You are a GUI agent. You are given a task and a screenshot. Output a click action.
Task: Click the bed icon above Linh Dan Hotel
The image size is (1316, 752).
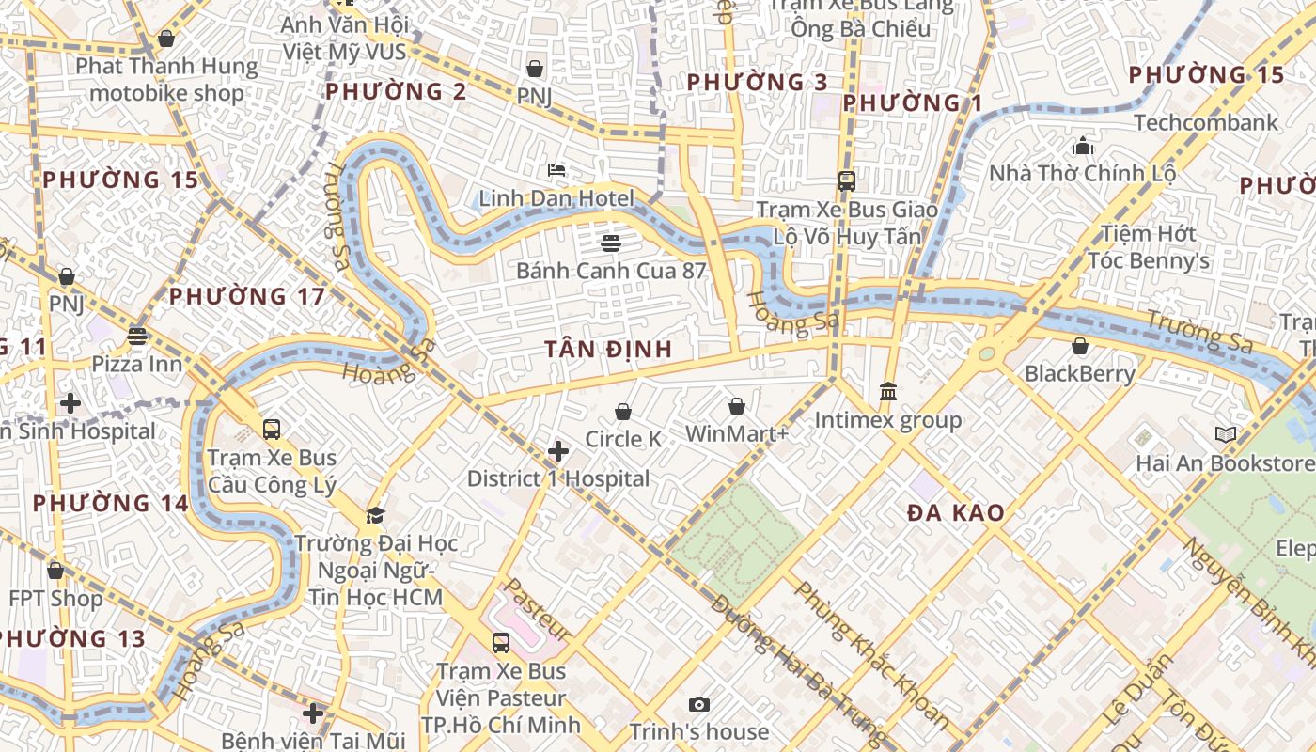pos(556,170)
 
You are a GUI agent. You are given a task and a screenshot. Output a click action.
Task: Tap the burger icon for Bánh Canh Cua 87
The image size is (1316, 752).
pos(611,243)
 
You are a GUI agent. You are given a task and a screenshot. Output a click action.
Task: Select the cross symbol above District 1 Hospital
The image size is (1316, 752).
pos(558,452)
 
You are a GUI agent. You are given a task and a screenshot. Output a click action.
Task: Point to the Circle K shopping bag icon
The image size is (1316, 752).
pos(622,412)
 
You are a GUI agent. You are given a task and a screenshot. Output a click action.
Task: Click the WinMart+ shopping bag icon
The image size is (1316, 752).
pos(737,406)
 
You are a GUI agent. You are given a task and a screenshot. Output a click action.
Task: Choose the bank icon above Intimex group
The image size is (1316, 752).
pos(888,391)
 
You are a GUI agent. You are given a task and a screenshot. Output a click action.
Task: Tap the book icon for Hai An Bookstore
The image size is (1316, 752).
pos(1225,434)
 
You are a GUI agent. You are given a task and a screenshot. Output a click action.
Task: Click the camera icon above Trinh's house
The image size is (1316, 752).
pos(698,704)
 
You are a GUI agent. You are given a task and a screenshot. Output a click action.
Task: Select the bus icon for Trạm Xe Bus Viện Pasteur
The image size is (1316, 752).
pos(501,643)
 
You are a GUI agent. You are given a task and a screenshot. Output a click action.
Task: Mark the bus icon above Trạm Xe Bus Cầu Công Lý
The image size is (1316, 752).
pos(272,430)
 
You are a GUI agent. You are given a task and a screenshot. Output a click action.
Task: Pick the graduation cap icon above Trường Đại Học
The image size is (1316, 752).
pos(375,515)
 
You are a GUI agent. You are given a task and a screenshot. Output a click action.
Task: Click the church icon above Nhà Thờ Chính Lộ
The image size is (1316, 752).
pos(1083,147)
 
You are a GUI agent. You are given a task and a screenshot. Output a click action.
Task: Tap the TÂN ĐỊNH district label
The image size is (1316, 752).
pos(609,349)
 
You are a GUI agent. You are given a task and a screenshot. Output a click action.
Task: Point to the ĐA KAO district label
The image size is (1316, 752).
pos(956,513)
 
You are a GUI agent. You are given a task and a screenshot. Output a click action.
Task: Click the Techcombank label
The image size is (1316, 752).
pos(1206,122)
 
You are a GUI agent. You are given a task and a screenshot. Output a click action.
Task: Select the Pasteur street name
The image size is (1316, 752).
pos(538,608)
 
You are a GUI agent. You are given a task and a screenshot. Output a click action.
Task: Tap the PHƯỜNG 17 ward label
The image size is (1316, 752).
pos(247,297)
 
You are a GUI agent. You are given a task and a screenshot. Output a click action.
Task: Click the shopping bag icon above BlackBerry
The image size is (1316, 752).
pos(1080,346)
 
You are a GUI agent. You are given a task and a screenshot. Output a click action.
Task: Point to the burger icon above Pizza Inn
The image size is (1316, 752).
pos(137,336)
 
